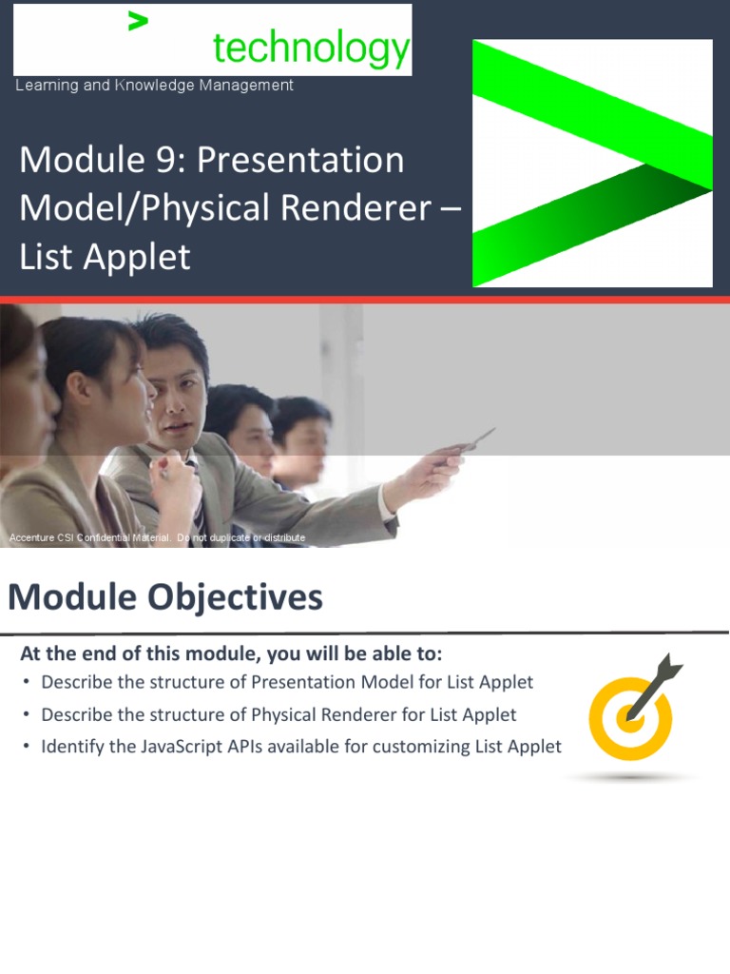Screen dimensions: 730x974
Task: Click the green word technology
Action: [312, 49]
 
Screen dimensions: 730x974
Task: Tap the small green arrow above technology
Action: [138, 21]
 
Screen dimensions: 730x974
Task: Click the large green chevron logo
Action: [592, 163]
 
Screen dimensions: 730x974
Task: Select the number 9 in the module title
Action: [171, 160]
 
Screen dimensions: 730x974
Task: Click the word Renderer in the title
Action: [355, 207]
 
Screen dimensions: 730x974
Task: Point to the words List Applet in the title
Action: [105, 258]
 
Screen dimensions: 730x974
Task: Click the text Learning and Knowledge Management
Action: [154, 85]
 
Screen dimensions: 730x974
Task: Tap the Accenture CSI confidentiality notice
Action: [157, 537]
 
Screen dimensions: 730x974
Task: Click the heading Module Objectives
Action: [165, 597]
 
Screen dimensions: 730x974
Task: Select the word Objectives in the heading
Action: [235, 597]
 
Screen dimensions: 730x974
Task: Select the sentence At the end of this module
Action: [231, 653]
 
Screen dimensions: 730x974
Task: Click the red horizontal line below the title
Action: [365, 300]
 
